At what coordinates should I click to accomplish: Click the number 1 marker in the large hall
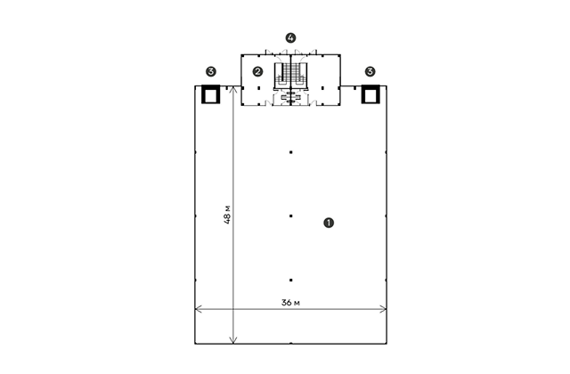329,223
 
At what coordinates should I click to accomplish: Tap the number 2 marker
257,71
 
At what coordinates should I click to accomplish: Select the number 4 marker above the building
290,37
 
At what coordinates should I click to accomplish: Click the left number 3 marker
211,71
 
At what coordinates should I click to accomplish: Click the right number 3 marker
370,71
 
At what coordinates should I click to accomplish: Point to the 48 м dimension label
227,215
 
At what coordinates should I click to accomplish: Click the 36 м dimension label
290,303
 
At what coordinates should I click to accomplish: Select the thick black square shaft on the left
211,94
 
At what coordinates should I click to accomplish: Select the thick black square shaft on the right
370,94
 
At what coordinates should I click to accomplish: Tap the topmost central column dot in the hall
291,152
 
